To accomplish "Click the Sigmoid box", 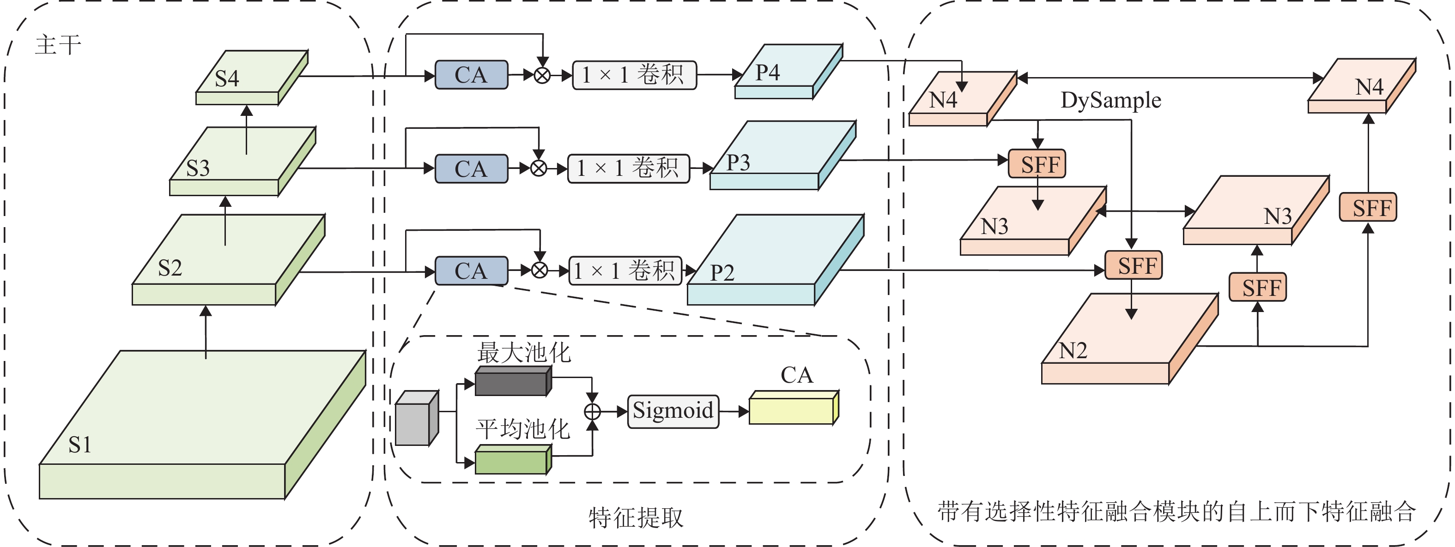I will tap(673, 411).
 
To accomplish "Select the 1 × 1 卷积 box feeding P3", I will tap(628, 168).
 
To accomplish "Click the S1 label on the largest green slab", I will tap(79, 445).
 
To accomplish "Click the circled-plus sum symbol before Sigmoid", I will tap(592, 412).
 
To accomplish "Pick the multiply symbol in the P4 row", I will tap(542, 75).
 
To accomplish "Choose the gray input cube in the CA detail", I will tap(416, 418).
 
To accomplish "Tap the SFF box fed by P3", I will tap(1037, 164).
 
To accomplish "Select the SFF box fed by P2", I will tap(1134, 265).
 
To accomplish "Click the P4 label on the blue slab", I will tap(768, 73).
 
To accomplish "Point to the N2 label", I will tap(1073, 350).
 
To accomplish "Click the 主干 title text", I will tap(58, 45).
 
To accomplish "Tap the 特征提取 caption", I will tap(636, 517).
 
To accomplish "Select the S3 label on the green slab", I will tap(198, 168).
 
